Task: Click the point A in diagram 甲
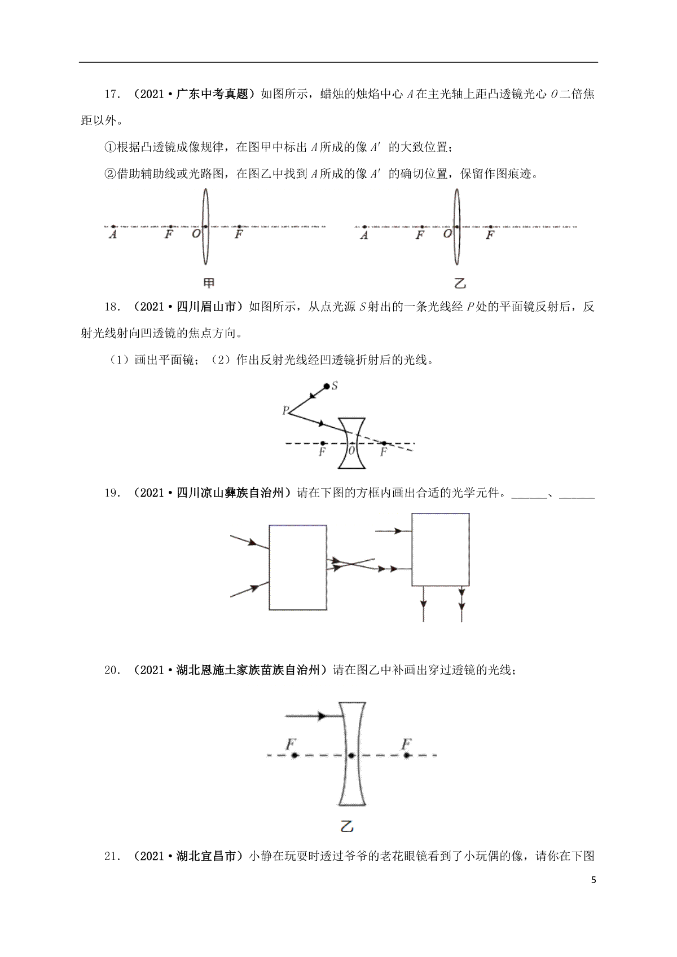(113, 227)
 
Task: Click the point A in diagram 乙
(364, 227)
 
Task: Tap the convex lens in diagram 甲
(206, 227)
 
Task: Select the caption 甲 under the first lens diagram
(208, 283)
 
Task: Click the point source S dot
(327, 386)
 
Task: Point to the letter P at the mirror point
(285, 410)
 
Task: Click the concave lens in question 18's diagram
(352, 443)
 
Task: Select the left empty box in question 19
(298, 568)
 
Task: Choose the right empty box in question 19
(441, 550)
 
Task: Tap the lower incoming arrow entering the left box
(249, 590)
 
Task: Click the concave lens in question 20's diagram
(352, 754)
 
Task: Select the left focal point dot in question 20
(294, 755)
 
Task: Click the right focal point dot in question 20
(407, 755)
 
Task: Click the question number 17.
(113, 95)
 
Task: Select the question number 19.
(113, 493)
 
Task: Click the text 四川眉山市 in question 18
(206, 307)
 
